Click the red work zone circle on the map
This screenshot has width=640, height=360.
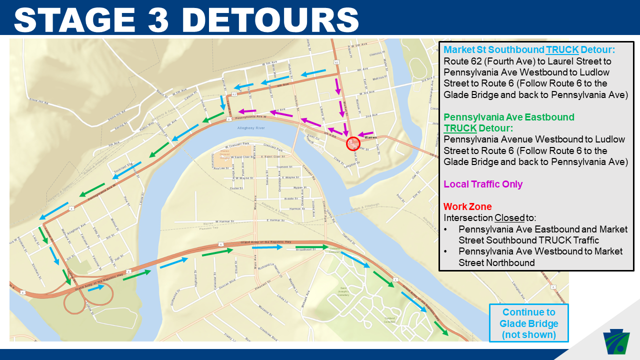(353, 143)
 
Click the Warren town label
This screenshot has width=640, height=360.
(370, 137)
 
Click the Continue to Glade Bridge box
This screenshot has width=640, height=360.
(528, 323)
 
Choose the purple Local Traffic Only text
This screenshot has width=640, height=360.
(483, 184)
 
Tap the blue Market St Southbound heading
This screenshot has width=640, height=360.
(529, 50)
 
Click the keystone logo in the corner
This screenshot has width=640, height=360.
(618, 340)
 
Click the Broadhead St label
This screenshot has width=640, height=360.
(306, 249)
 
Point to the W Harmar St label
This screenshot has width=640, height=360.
(227, 221)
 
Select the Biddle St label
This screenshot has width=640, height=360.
(290, 198)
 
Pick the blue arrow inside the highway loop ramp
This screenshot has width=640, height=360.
(97, 287)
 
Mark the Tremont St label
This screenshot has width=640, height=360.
(284, 167)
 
